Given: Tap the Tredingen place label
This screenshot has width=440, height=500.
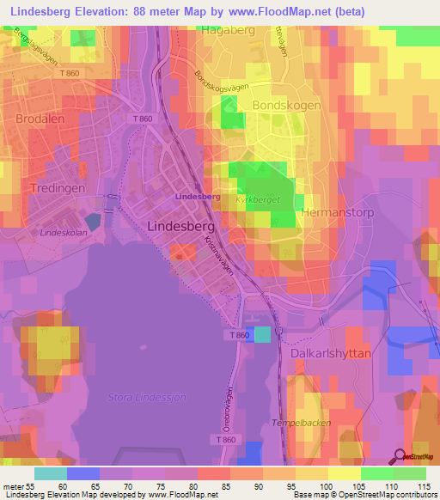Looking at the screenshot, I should click(57, 188).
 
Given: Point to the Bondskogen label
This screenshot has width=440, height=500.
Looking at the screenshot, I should click(286, 105).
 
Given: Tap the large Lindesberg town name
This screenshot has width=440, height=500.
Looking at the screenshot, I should click(180, 226).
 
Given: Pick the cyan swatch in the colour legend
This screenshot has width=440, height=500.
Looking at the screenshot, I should click(50, 473).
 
